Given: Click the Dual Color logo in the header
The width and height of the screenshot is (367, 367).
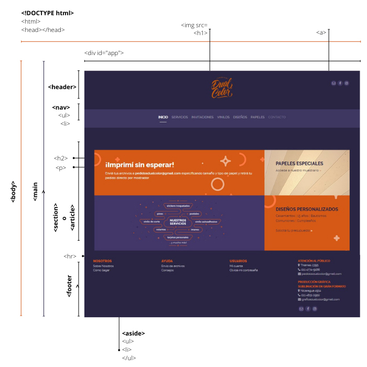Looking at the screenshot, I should (x=222, y=87).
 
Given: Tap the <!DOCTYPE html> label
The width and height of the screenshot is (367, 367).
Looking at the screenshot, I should (x=47, y=13).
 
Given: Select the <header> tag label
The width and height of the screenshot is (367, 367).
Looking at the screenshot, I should (x=62, y=87).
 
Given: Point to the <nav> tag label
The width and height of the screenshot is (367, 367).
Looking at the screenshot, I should (x=61, y=107).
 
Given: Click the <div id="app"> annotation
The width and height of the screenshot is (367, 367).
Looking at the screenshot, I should (x=104, y=53).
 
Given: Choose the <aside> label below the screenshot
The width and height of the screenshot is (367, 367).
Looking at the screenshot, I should (x=133, y=333).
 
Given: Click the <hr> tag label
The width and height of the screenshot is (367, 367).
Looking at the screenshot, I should (x=70, y=256).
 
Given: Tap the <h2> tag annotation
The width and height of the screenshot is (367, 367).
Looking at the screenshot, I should (x=61, y=158).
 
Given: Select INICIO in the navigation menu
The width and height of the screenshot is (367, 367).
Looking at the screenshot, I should (x=163, y=117).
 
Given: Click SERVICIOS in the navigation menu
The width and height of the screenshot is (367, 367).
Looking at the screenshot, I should (x=179, y=117).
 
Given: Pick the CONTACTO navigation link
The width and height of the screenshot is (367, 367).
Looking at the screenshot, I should (x=277, y=117).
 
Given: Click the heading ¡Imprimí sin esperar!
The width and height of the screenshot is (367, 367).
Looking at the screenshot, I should (x=139, y=165).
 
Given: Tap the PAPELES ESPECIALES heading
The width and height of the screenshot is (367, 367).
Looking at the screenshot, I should (x=299, y=163).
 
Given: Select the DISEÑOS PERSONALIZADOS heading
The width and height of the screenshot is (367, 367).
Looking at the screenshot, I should (x=307, y=209).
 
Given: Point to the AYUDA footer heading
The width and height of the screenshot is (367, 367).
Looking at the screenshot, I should (x=167, y=261).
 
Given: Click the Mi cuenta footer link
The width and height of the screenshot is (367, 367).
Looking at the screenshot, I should (x=237, y=266).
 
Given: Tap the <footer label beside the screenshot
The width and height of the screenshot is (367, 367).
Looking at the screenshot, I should (x=69, y=286).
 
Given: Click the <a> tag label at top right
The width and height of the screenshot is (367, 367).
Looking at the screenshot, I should (x=321, y=33).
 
